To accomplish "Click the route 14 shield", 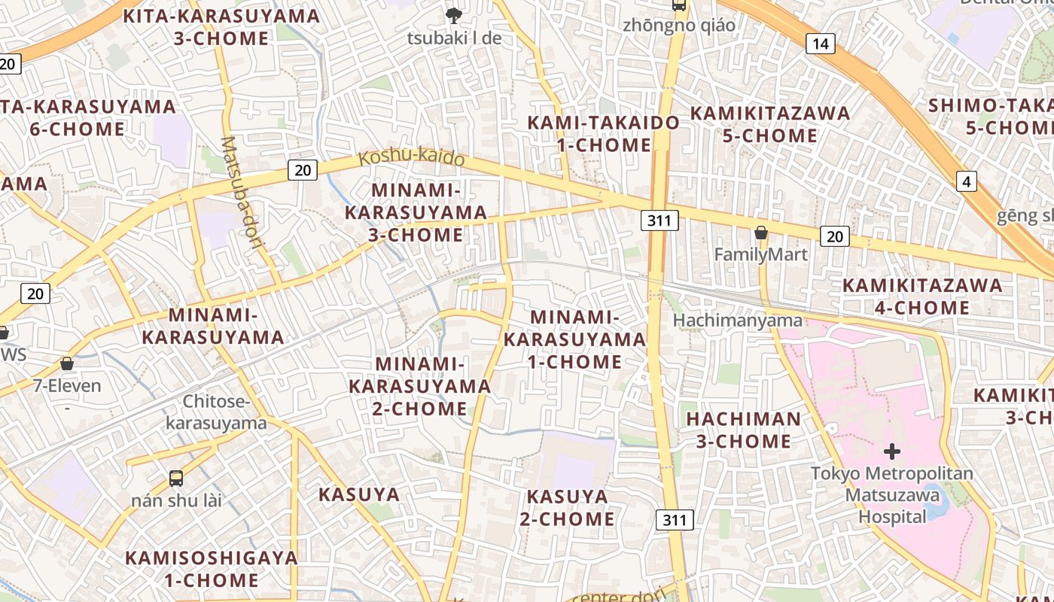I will (x=820, y=44).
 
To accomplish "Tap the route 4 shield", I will (x=967, y=181).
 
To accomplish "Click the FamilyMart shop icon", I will (x=761, y=233).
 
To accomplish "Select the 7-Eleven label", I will (x=67, y=386).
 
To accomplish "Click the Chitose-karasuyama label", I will (x=215, y=412).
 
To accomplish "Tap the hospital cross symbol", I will (x=892, y=451).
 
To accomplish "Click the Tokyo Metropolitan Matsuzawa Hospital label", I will (x=892, y=495).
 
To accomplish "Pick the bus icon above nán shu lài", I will (x=175, y=478).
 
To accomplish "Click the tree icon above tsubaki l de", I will (x=453, y=14).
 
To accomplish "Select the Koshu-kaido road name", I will (x=411, y=159).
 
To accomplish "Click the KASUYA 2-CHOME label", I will (x=567, y=508).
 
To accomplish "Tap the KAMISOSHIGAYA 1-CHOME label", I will (x=212, y=569).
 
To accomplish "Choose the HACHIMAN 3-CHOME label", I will (x=743, y=430).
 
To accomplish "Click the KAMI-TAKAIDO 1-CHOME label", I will (x=603, y=133).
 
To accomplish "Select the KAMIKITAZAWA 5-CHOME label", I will (x=770, y=124).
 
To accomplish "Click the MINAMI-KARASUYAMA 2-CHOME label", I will (x=419, y=386).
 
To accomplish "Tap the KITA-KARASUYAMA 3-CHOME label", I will (x=221, y=27).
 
